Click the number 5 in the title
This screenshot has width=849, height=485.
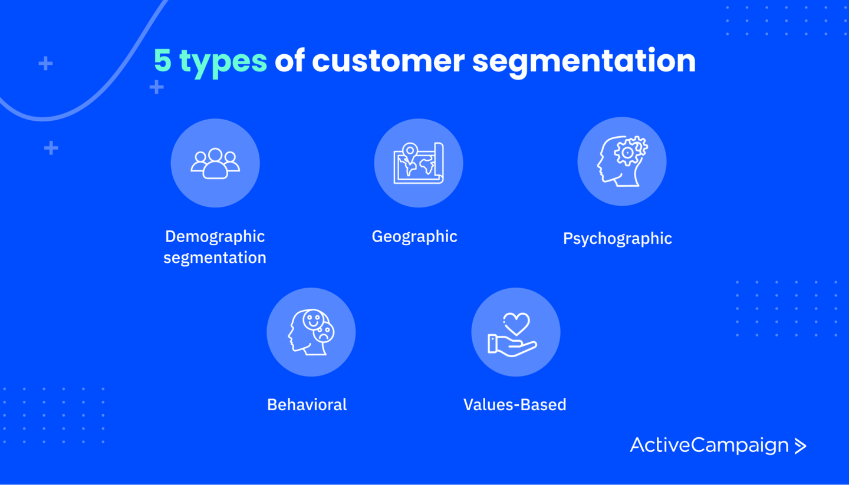pyautogui.click(x=162, y=61)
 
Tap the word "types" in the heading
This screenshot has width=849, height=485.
pyautogui.click(x=223, y=62)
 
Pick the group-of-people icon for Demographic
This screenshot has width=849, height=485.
pyautogui.click(x=215, y=163)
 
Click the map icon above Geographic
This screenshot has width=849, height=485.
pyautogui.click(x=419, y=163)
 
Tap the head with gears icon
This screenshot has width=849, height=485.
pyautogui.click(x=622, y=161)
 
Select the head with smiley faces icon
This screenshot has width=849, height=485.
pyautogui.click(x=311, y=332)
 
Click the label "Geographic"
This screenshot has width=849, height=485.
pyautogui.click(x=414, y=236)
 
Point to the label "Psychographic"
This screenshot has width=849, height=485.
pyautogui.click(x=617, y=239)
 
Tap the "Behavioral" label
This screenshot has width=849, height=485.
pyautogui.click(x=307, y=405)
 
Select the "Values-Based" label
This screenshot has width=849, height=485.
pyautogui.click(x=515, y=405)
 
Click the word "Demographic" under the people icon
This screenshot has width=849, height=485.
pyautogui.click(x=215, y=236)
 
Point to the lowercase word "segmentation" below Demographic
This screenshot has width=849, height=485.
pyautogui.click(x=215, y=258)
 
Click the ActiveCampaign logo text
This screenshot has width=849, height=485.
pyautogui.click(x=709, y=445)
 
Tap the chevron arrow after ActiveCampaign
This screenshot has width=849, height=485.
pyautogui.click(x=800, y=446)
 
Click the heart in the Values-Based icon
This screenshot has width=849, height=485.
pyautogui.click(x=516, y=324)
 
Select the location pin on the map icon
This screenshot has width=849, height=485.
pyautogui.click(x=409, y=150)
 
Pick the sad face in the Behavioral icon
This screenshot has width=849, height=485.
pyautogui.click(x=324, y=333)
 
